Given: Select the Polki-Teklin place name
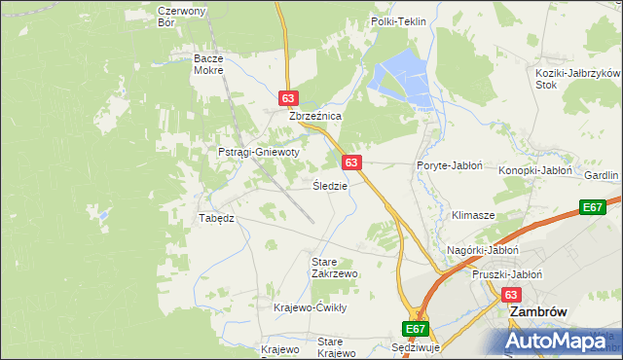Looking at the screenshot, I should (399, 21).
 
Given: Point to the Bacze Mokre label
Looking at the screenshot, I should (208, 64).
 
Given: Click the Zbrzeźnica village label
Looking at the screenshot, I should (314, 116).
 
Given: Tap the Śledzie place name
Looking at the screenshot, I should (329, 185).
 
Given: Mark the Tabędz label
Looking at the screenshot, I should (217, 218).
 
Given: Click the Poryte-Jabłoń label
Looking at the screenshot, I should (450, 166).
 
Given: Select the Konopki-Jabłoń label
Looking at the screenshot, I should (534, 170).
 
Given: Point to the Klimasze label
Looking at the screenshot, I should (473, 214).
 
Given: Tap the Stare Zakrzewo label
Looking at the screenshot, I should (334, 268).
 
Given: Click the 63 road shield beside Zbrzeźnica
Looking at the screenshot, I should (287, 98).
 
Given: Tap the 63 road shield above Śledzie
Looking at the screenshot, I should (352, 162).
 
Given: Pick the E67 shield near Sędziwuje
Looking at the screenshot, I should (416, 330).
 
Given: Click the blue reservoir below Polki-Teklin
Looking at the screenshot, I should (401, 78).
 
